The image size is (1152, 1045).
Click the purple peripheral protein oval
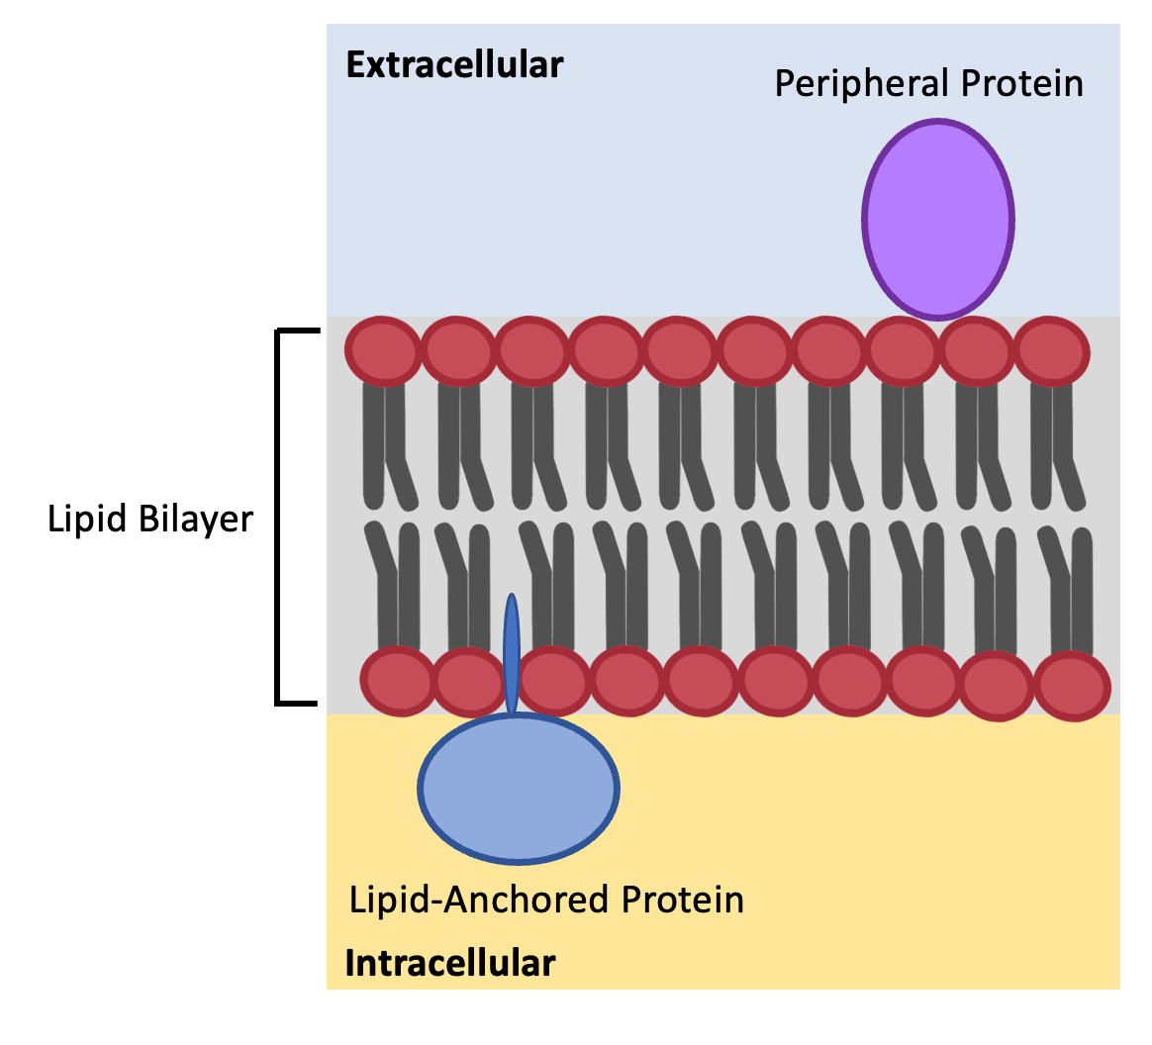click(937, 219)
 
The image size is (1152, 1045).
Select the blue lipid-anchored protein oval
click(519, 788)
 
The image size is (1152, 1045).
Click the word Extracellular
click(454, 65)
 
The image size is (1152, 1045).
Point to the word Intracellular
click(449, 962)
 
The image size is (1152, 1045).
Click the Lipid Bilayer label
click(150, 519)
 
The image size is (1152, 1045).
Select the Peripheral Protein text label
click(927, 83)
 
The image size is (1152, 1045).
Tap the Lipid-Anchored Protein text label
click(546, 900)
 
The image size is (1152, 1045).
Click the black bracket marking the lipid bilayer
click(279, 517)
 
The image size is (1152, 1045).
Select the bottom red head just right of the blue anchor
click(553, 681)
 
